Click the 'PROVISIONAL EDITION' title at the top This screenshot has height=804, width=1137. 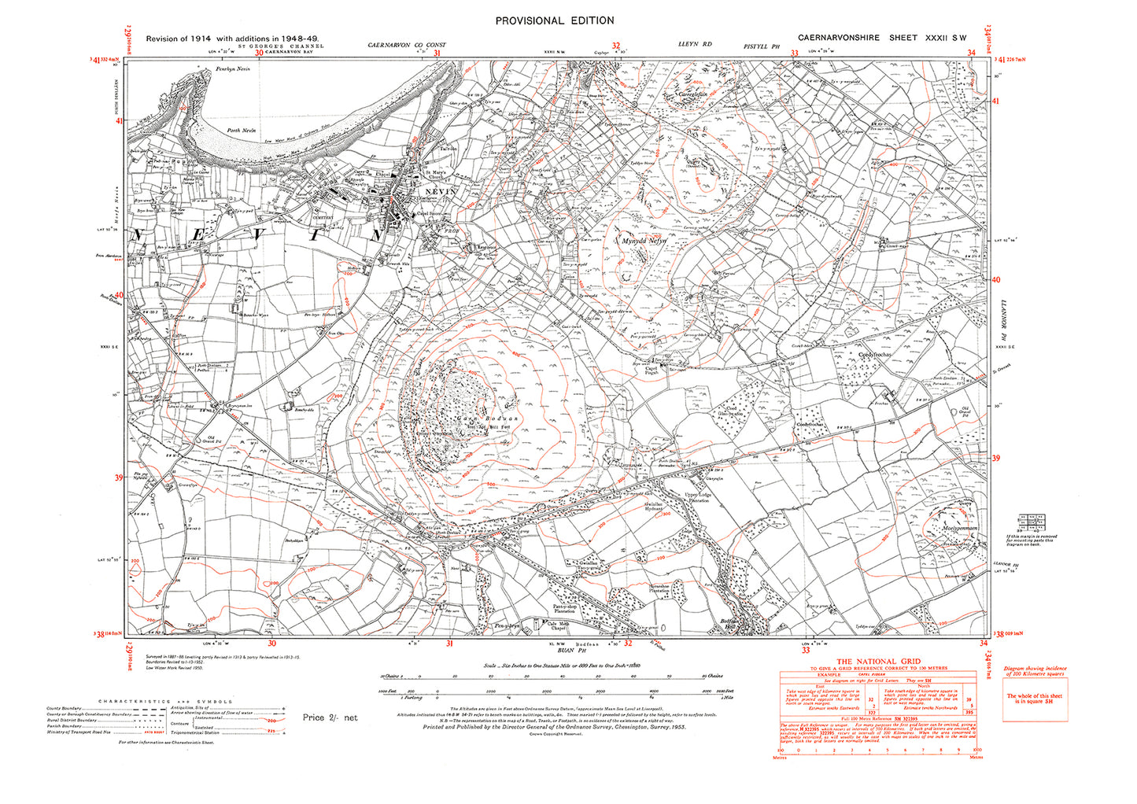pos(552,21)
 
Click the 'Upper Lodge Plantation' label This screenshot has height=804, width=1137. pos(697,496)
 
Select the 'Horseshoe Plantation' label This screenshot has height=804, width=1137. pos(659,588)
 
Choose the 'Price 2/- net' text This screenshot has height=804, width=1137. pos(330,717)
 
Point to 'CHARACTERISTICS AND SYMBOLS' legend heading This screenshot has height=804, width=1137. pos(164,700)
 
